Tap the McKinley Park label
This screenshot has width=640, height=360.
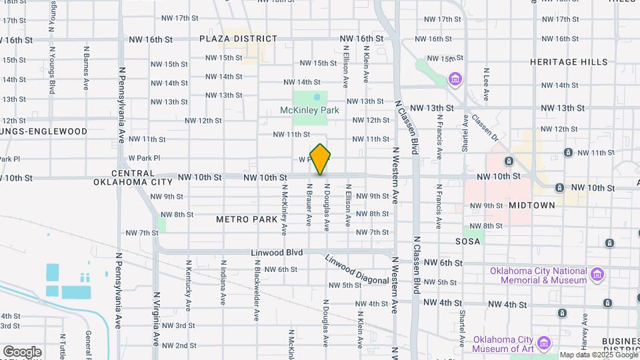tap(310, 110)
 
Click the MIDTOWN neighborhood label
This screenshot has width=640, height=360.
tap(531, 205)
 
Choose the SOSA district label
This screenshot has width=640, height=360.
tap(468, 241)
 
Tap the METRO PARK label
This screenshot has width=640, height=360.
tap(241, 219)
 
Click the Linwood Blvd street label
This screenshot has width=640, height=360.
tap(277, 253)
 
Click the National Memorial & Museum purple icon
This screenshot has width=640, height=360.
tap(597, 274)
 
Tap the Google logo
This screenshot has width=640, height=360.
tap(22, 351)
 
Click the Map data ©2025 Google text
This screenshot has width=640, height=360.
tap(598, 355)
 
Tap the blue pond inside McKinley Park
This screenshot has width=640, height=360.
tap(317, 97)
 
